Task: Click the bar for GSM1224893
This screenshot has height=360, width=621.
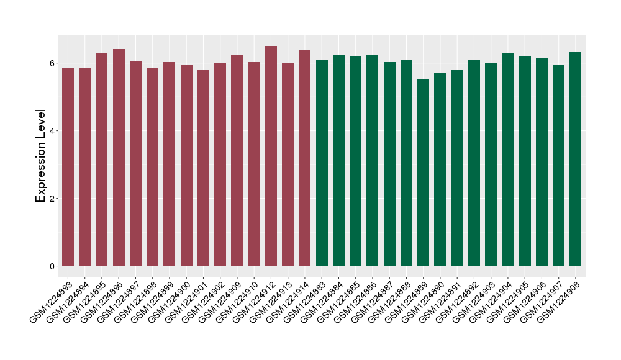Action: click(x=68, y=167)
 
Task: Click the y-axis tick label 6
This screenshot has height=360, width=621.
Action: click(x=53, y=63)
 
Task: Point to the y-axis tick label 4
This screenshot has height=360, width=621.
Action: click(x=53, y=131)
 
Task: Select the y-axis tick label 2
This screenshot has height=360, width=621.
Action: click(x=53, y=199)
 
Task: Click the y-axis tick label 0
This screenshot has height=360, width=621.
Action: click(x=53, y=266)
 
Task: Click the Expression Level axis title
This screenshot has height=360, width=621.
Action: click(x=41, y=156)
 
